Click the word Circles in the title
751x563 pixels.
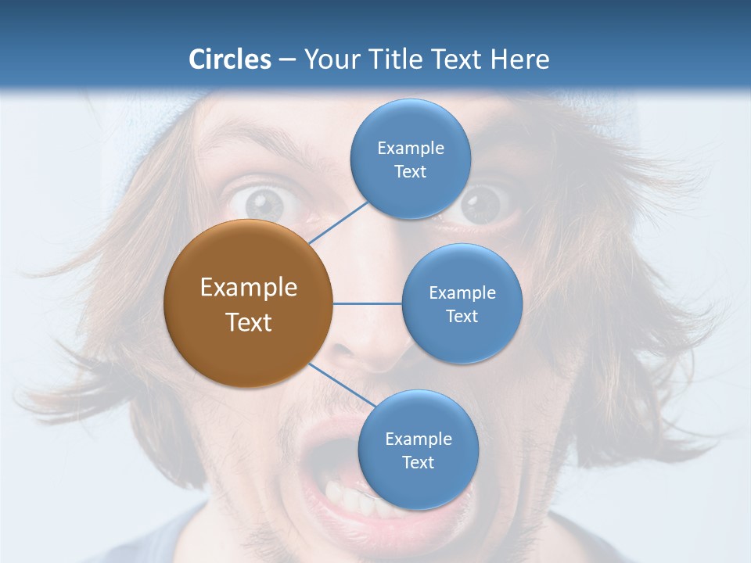(230, 59)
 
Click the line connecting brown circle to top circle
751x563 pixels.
(340, 222)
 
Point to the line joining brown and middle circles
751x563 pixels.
(367, 303)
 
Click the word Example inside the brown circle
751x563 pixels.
(249, 288)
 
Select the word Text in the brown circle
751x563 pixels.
(249, 322)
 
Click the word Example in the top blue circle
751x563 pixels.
(411, 149)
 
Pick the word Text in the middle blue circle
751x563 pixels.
(462, 317)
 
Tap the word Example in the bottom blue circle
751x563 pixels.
(418, 439)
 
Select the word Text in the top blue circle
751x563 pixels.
(411, 172)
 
